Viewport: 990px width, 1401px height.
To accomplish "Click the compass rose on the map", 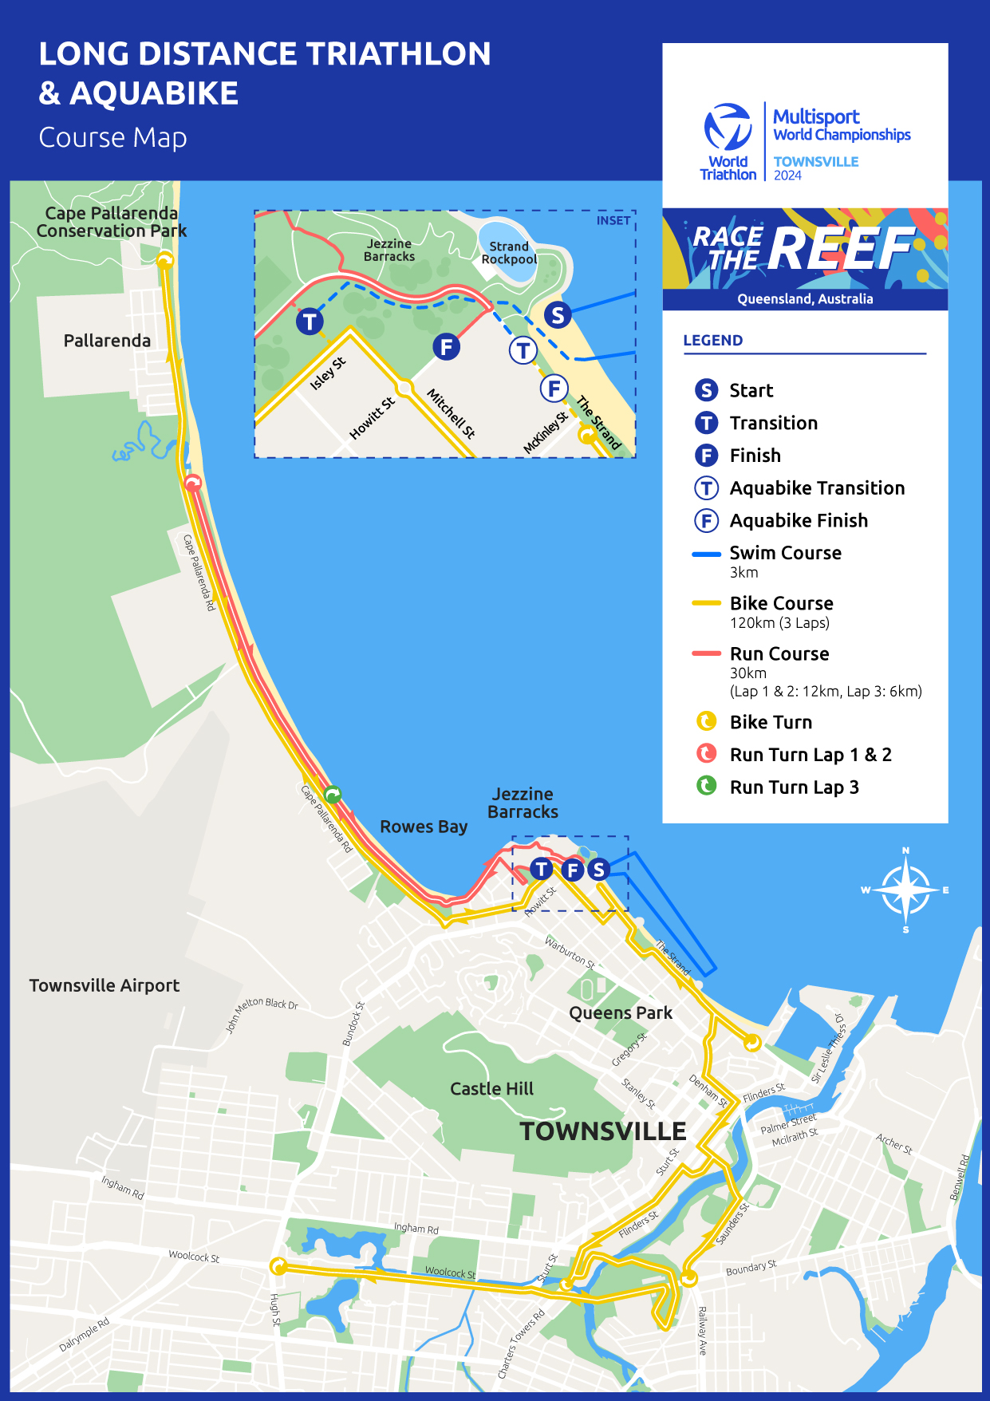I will coord(905,890).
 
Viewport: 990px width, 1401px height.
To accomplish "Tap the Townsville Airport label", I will coord(105,985).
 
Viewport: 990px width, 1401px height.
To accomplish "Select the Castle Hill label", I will coord(491,1089).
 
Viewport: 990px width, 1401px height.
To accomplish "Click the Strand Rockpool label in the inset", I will coord(509,253).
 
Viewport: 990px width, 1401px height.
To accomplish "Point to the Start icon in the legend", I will coord(706,390).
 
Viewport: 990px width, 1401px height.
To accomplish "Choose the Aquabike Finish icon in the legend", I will coord(706,521).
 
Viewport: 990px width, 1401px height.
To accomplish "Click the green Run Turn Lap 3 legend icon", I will coord(706,787).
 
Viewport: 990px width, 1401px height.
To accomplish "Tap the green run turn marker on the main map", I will coord(333,794).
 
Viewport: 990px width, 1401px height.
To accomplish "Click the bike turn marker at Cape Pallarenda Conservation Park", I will coord(165,260).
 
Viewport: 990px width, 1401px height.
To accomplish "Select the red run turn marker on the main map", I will coord(192,483).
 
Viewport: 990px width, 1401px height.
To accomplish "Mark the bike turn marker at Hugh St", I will coord(278,1266).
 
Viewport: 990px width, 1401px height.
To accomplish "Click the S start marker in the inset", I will coord(558,315).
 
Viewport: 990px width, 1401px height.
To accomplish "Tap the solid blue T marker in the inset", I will coord(310,322).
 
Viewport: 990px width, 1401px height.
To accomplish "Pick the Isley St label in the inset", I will coord(328,373).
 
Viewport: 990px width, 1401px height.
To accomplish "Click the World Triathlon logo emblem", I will coord(728,127).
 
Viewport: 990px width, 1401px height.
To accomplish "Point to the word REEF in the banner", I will coord(840,250).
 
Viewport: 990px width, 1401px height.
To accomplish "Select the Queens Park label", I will coord(621,1013).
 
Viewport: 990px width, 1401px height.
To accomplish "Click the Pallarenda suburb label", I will coord(107,341).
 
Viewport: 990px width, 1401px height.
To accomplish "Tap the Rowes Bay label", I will coord(424,827).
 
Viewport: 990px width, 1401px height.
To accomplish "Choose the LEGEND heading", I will coord(713,341).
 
